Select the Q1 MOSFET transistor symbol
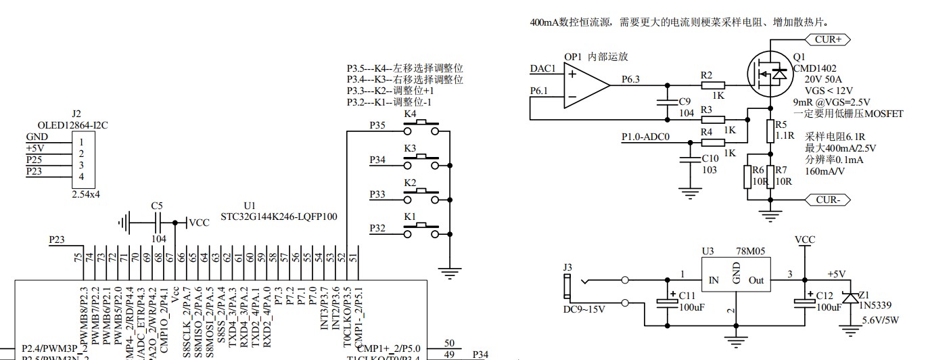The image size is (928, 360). [x=769, y=72]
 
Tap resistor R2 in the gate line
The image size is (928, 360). [x=713, y=85]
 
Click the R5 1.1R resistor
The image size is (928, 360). [x=770, y=131]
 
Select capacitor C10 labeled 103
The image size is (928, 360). [x=690, y=160]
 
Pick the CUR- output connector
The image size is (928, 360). [x=827, y=200]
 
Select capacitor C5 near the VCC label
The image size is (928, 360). [x=158, y=221]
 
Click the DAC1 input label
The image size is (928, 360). [x=542, y=69]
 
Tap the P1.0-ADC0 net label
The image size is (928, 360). [x=646, y=138]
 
